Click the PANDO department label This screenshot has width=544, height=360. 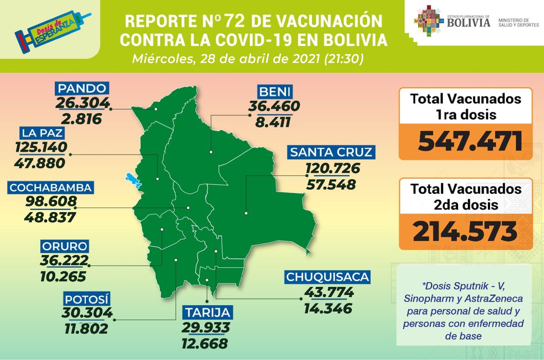82,88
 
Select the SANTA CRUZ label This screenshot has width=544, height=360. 331,152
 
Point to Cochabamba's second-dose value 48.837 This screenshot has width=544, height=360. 50,217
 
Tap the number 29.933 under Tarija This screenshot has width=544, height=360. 206,327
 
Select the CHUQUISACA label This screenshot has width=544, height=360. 327,277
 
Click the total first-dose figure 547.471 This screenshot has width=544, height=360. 470,142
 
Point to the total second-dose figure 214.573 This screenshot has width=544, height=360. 465,232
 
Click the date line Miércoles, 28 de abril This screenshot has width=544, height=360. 247,59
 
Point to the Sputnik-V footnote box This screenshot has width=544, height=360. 464,305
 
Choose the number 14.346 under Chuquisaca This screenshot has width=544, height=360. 328,308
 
